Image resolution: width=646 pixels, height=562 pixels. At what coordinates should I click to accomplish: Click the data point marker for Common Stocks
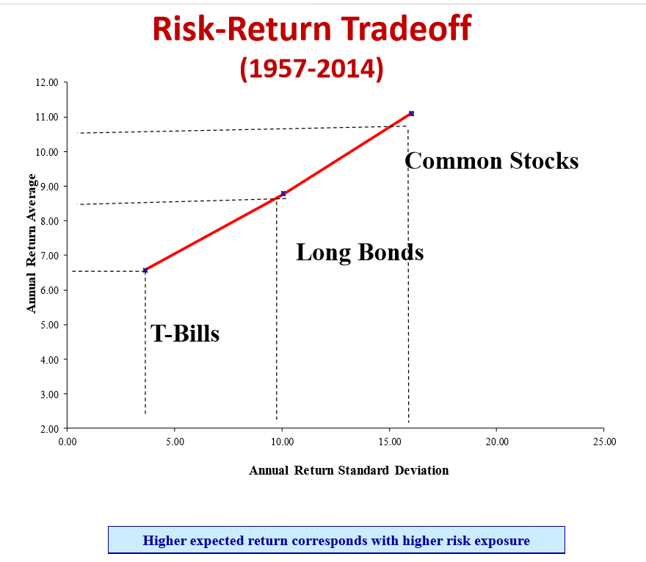pos(411,113)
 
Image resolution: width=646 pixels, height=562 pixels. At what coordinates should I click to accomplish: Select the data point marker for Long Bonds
pos(283,194)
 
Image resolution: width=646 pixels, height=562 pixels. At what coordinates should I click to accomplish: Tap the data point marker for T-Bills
pos(145,270)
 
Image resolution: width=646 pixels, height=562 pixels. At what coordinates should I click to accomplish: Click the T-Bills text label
pos(185,334)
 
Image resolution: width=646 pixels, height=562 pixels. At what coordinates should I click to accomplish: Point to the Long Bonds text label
pos(360,253)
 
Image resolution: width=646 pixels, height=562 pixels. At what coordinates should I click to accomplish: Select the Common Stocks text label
pos(492,161)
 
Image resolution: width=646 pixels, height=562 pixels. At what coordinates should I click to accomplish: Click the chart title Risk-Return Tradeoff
pos(312,29)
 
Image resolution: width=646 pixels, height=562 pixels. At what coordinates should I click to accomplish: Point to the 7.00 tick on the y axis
pos(48,256)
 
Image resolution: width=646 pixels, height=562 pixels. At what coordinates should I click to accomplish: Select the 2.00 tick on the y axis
pos(48,428)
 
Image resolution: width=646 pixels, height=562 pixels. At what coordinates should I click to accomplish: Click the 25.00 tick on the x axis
pos(603,442)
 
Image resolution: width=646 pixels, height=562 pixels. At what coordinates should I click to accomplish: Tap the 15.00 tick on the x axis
pos(389,442)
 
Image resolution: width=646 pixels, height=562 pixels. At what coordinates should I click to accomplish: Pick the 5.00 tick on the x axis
pos(174,442)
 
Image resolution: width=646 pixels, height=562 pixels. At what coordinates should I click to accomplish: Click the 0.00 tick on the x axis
pos(67,442)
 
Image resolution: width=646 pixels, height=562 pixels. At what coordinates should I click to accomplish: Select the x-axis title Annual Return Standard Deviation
pos(349,470)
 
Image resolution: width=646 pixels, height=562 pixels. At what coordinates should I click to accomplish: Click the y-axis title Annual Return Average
pos(32,243)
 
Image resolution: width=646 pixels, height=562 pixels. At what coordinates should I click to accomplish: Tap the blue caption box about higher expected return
pos(336,541)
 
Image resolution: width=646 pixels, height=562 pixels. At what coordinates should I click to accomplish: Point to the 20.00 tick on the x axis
pos(496,442)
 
